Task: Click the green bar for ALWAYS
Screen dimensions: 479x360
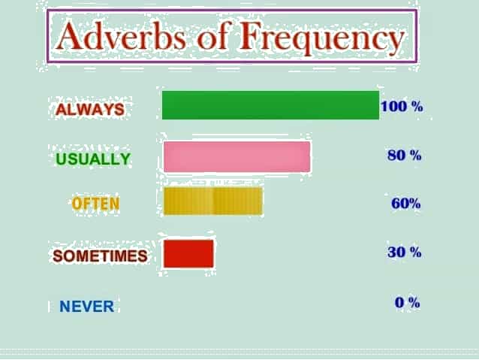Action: point(271,105)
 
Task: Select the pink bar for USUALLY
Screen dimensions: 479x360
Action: point(237,156)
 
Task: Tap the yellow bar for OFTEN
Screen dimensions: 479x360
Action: point(213,201)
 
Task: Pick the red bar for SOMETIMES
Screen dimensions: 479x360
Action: point(188,253)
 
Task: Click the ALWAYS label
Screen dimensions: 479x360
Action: point(90,109)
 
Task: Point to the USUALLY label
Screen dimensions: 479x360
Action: point(93,159)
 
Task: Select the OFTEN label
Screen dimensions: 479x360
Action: point(95,204)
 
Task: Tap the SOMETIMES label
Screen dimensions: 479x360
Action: point(100,256)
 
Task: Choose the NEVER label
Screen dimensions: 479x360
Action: point(87,306)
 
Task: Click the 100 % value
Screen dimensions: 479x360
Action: point(402,107)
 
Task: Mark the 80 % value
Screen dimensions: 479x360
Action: point(405,155)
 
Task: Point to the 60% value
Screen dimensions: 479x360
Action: point(406,204)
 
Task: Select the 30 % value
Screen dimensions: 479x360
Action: point(405,252)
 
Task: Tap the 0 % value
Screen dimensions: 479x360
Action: point(408,302)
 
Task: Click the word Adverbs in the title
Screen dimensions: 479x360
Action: point(120,36)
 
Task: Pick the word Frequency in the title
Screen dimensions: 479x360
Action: point(322,38)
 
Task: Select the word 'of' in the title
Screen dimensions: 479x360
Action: point(213,35)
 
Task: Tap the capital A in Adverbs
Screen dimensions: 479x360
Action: point(69,36)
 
